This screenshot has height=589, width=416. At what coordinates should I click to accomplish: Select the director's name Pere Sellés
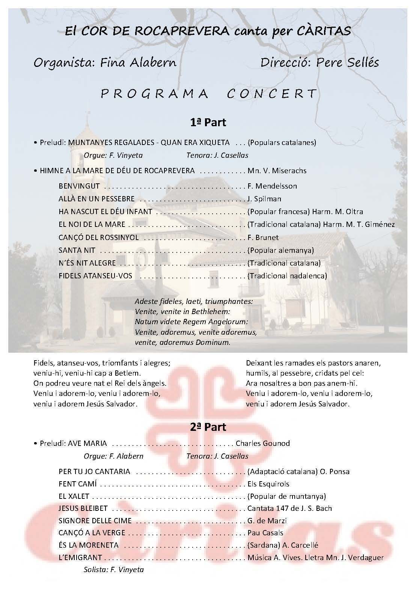[348, 62]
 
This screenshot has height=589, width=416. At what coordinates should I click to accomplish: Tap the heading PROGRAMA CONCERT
[209, 94]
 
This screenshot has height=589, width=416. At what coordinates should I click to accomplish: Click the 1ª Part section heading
[208, 122]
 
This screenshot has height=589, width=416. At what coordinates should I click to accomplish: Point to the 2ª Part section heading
[208, 427]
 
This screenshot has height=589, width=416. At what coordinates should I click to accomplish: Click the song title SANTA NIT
[77, 250]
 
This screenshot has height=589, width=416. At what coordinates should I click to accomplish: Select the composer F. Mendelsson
[272, 186]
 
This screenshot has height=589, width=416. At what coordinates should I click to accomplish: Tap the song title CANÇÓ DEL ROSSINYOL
[99, 237]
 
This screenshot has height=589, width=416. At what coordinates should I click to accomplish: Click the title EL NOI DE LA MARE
[92, 225]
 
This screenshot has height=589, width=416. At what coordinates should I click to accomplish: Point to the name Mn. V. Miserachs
[277, 171]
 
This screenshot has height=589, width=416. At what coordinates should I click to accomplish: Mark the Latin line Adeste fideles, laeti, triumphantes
[194, 301]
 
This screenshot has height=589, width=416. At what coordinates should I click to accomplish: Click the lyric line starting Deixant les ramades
[314, 363]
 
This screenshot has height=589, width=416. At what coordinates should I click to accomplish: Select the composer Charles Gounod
[263, 443]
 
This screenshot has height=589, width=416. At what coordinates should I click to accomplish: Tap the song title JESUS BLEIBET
[83, 508]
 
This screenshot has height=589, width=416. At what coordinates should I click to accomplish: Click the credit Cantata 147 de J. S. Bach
[290, 508]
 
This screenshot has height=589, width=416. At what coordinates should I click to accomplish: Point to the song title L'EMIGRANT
[80, 557]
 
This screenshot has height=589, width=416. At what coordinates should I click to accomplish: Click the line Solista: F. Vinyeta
[114, 569]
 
